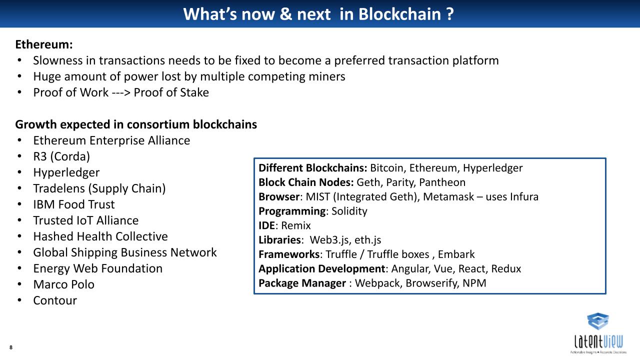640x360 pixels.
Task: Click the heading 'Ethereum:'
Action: (x=44, y=44)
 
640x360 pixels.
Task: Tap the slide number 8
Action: (x=11, y=347)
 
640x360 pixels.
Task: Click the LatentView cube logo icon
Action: (x=597, y=321)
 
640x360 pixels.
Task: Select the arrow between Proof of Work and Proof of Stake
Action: (x=121, y=93)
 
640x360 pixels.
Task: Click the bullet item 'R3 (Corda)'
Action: (x=61, y=156)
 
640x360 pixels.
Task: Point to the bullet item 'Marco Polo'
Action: (x=63, y=284)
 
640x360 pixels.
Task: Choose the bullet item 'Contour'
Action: (x=55, y=300)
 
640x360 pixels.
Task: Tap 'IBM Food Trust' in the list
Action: (x=73, y=204)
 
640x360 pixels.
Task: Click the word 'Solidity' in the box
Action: (x=349, y=211)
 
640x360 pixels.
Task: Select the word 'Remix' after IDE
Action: (x=295, y=225)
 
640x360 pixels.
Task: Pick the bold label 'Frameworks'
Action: (x=289, y=254)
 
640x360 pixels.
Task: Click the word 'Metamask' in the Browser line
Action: (x=448, y=197)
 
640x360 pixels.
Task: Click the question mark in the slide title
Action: (x=450, y=14)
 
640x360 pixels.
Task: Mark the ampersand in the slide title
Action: (x=285, y=14)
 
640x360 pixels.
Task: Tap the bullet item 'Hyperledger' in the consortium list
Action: (x=66, y=172)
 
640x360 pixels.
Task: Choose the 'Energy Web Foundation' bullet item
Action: (x=97, y=268)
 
